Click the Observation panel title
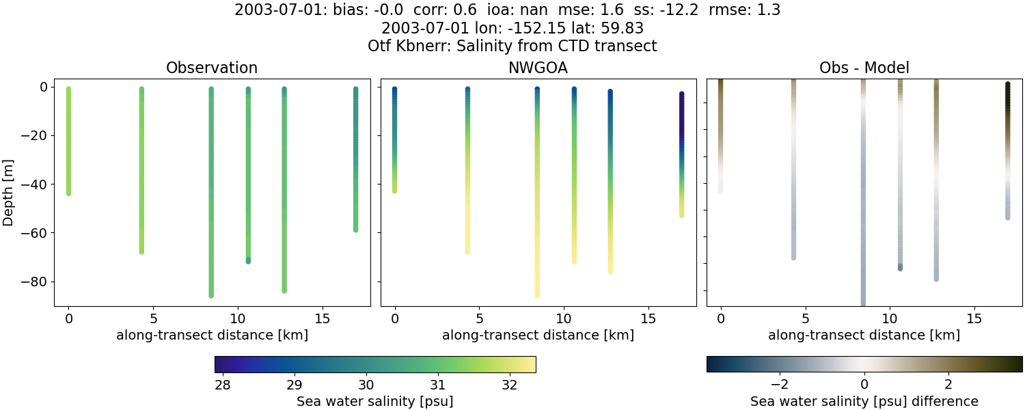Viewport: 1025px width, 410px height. pos(212,68)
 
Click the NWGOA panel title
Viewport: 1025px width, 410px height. pos(538,68)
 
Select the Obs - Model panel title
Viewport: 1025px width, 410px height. pos(864,68)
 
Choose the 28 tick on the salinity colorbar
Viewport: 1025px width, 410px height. pos(222,383)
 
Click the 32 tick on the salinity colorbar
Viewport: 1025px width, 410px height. pos(509,383)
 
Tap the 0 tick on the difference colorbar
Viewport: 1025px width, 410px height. pos(864,383)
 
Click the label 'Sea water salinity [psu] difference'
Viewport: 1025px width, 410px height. pos(864,401)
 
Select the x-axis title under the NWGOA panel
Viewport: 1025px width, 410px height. pos(538,336)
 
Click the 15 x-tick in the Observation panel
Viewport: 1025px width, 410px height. pos(322,318)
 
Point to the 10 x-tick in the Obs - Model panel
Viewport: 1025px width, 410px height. pos(890,318)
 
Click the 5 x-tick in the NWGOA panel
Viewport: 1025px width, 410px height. pos(479,318)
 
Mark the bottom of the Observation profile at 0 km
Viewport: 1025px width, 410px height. pos(68,193)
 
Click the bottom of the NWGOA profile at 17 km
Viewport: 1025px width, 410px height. pos(681,215)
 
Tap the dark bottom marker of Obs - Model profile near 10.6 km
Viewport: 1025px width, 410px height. pos(900,267)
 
